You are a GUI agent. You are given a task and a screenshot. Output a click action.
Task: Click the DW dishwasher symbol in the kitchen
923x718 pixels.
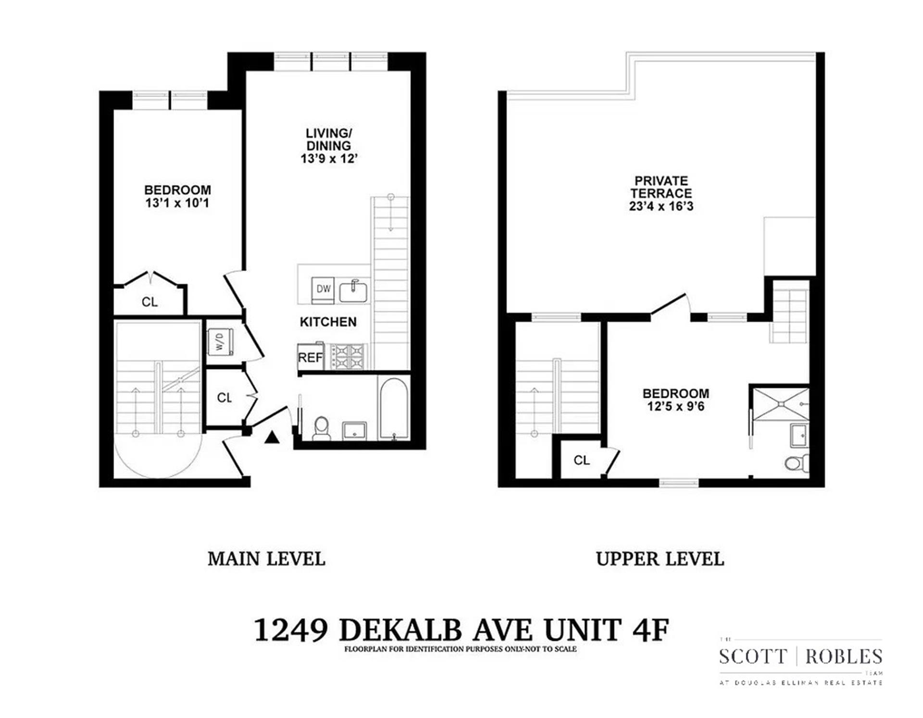tap(323, 290)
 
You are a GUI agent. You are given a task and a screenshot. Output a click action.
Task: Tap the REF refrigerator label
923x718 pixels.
tap(311, 358)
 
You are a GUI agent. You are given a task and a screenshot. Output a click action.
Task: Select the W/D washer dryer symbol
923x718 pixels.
tap(220, 341)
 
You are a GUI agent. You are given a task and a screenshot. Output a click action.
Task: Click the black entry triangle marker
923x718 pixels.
tap(272, 437)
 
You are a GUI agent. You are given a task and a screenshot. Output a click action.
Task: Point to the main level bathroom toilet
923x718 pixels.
tap(321, 428)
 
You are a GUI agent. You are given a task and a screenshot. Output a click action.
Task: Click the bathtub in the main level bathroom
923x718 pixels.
tap(394, 409)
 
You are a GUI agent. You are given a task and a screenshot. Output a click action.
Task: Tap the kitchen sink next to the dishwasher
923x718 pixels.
tap(353, 291)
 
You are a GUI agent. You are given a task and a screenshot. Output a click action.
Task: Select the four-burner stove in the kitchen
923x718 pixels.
tap(346, 357)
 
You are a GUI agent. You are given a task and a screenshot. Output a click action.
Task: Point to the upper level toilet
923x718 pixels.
tap(797, 463)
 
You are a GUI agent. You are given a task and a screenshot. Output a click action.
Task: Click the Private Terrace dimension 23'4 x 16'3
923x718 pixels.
tap(661, 206)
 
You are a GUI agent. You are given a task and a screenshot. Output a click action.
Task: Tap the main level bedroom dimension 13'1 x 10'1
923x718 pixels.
tap(177, 203)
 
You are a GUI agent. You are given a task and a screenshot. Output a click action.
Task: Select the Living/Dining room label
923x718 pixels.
tap(329, 139)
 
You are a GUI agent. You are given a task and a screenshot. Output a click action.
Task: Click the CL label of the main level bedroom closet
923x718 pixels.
tap(150, 302)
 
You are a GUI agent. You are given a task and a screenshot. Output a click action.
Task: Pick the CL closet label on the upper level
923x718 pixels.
tap(581, 460)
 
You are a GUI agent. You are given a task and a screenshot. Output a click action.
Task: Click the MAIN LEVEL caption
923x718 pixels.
tap(266, 559)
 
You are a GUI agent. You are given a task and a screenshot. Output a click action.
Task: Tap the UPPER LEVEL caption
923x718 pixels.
tap(660, 559)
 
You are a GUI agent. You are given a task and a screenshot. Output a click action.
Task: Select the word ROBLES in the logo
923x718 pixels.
tap(844, 656)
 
